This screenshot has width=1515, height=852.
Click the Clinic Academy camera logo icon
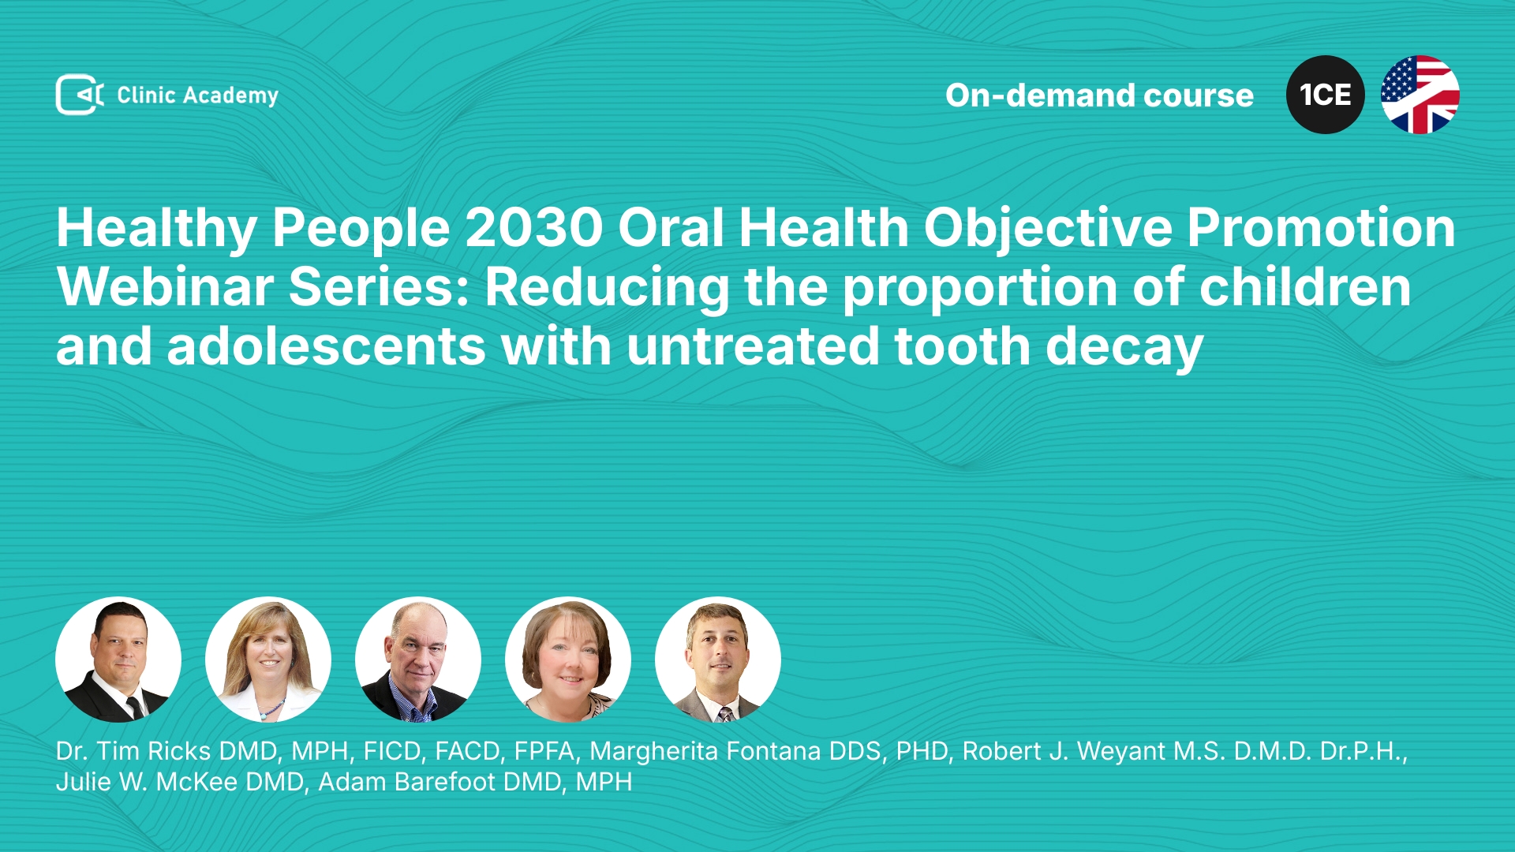[80, 95]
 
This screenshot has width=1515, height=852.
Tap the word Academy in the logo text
[230, 96]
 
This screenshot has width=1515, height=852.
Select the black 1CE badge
[1326, 95]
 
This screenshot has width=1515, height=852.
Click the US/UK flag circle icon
[1420, 95]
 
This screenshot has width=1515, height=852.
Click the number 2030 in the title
[534, 228]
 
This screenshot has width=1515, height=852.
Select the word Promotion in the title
[1321, 228]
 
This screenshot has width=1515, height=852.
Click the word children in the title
[1305, 287]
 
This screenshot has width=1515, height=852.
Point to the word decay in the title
[1124, 348]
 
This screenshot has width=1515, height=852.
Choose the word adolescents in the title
[326, 347]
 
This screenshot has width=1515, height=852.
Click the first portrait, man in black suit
[118, 660]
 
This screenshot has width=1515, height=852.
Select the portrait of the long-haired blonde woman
[268, 660]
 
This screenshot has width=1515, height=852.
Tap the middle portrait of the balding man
[418, 660]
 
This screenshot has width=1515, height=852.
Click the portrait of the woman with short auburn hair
[568, 660]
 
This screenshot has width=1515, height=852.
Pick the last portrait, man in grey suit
[718, 660]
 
